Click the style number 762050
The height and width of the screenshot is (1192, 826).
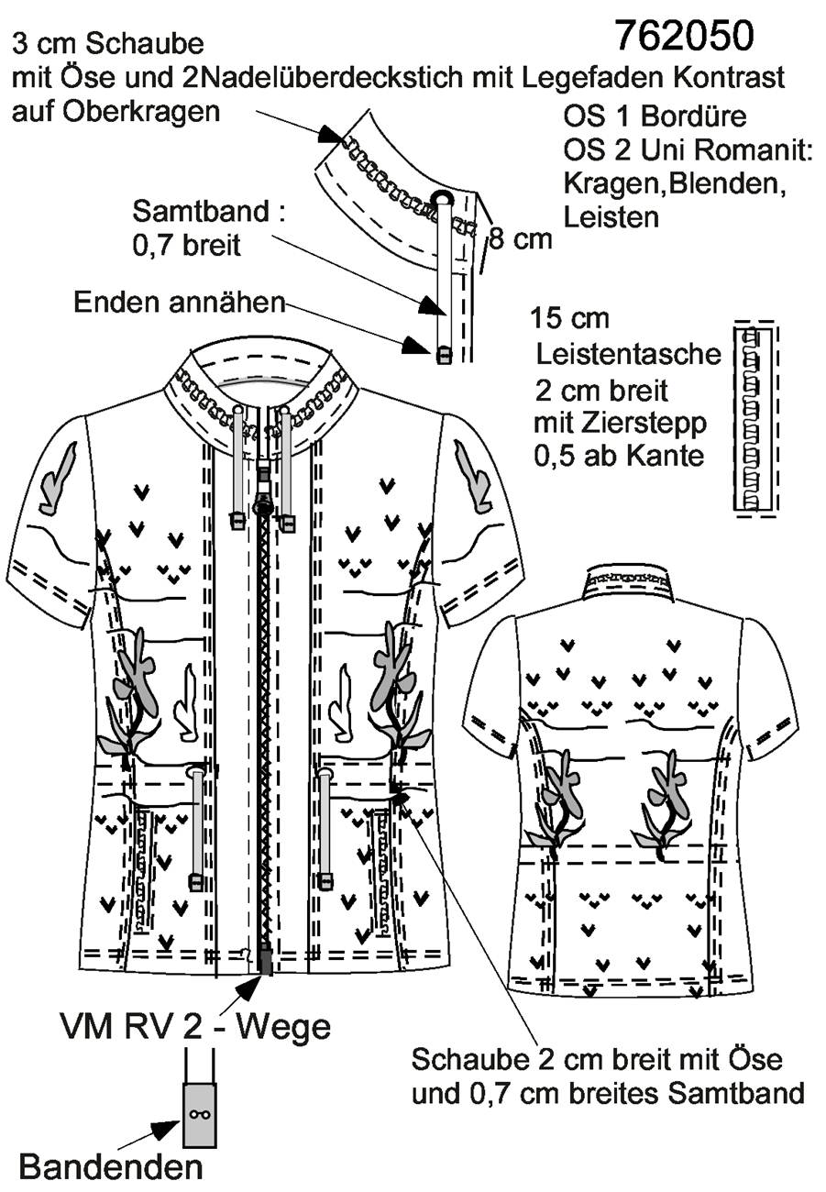(x=685, y=36)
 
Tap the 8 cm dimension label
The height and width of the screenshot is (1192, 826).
(x=521, y=239)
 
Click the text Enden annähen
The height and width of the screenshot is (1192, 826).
(x=180, y=303)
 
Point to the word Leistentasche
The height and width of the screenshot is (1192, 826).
(x=629, y=354)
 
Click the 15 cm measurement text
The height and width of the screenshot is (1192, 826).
(x=570, y=318)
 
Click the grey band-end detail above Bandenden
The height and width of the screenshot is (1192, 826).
(x=200, y=1114)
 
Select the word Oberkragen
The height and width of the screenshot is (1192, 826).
(x=141, y=112)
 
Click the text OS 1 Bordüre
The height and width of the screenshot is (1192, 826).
(x=655, y=116)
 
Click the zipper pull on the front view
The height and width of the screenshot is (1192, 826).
(x=263, y=502)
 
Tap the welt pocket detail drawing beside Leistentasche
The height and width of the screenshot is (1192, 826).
(x=755, y=418)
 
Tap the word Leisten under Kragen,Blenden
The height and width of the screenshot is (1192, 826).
(x=611, y=217)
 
